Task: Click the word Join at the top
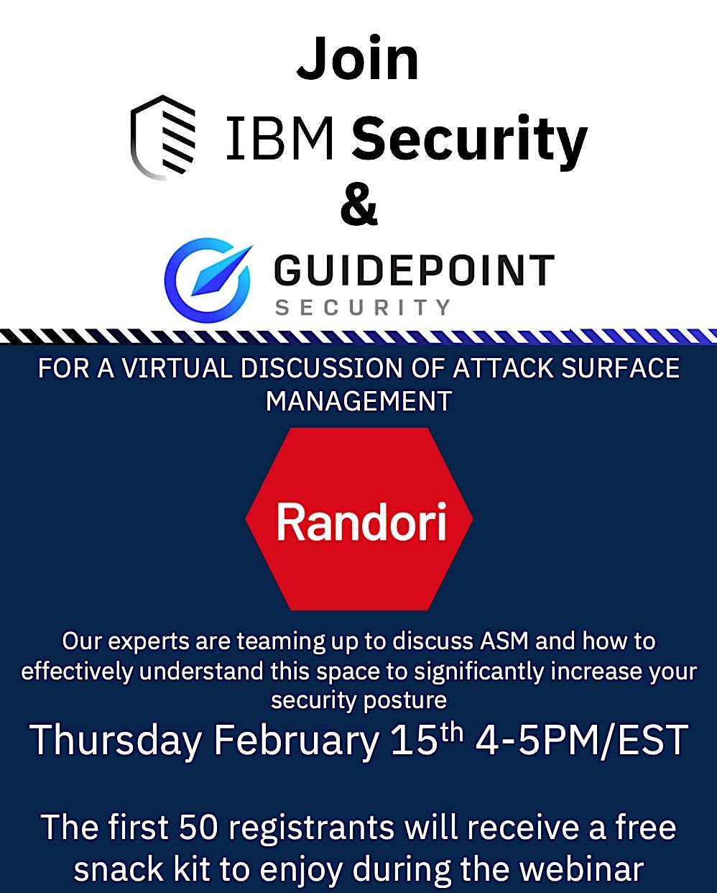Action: coord(358,59)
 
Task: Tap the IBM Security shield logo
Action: coord(163,137)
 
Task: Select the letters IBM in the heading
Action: coord(280,138)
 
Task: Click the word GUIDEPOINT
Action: coord(414,271)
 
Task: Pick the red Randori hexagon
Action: coord(359,519)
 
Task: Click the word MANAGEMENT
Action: coord(358,400)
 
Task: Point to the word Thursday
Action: coord(115,741)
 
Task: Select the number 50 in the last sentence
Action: coord(198,827)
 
